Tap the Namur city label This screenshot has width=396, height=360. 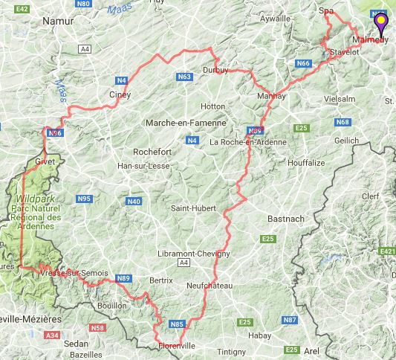[60, 22]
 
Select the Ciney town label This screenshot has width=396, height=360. [120, 95]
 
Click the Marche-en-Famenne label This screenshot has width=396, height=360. [175, 123]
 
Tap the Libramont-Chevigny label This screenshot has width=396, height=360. [194, 253]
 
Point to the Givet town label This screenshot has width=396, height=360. [45, 161]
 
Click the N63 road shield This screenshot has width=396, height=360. [185, 77]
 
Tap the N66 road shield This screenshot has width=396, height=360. [302, 64]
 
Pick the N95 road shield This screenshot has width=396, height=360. [83, 199]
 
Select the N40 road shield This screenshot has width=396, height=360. [134, 202]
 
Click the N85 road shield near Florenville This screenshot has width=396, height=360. [177, 324]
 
